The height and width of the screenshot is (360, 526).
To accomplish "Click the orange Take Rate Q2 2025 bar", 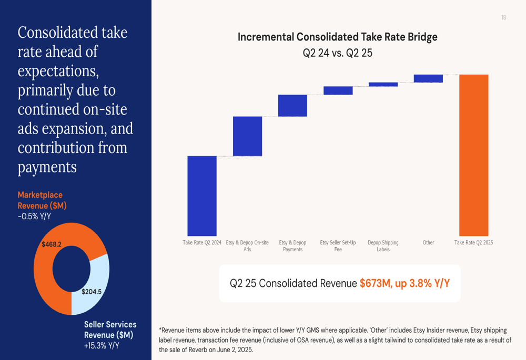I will tap(473, 155).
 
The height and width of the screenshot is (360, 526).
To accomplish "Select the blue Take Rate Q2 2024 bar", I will tap(202, 196).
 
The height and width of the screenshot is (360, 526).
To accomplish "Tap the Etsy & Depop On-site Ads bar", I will tap(247, 136).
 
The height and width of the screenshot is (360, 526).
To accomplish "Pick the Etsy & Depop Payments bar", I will tap(292, 105).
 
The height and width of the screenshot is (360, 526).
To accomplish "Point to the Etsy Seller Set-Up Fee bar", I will tap(338, 90).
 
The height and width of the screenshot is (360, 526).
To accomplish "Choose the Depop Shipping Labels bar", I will tap(383, 84).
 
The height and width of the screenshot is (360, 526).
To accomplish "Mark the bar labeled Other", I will tap(428, 78).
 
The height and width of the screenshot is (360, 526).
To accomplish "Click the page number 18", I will tap(503, 18).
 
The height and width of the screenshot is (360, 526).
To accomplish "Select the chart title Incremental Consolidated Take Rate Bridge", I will tap(337, 37).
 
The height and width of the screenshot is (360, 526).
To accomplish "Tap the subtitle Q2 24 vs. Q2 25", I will tap(337, 53).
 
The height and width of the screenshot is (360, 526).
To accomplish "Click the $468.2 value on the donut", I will tap(52, 244).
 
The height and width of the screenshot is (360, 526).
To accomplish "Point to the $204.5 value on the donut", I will tap(92, 292).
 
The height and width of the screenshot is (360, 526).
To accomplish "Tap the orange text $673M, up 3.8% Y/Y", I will tap(404, 283).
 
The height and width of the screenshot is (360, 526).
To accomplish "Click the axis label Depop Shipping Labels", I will tap(383, 246).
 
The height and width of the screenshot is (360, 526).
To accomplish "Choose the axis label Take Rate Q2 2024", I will tap(202, 243).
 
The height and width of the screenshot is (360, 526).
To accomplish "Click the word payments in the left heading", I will tap(47, 168).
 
